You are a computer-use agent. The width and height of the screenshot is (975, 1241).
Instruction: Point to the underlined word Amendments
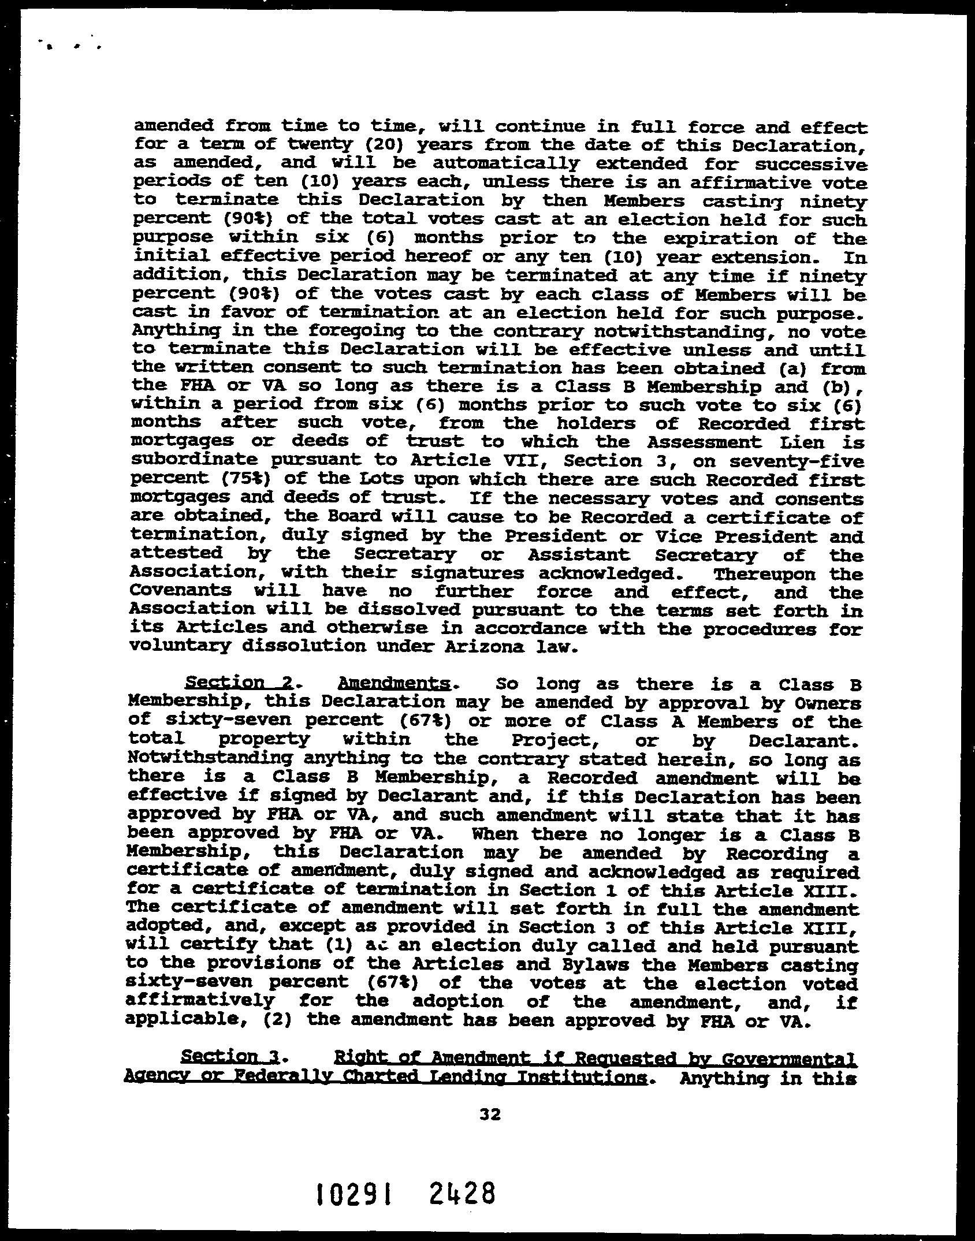[x=393, y=683]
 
